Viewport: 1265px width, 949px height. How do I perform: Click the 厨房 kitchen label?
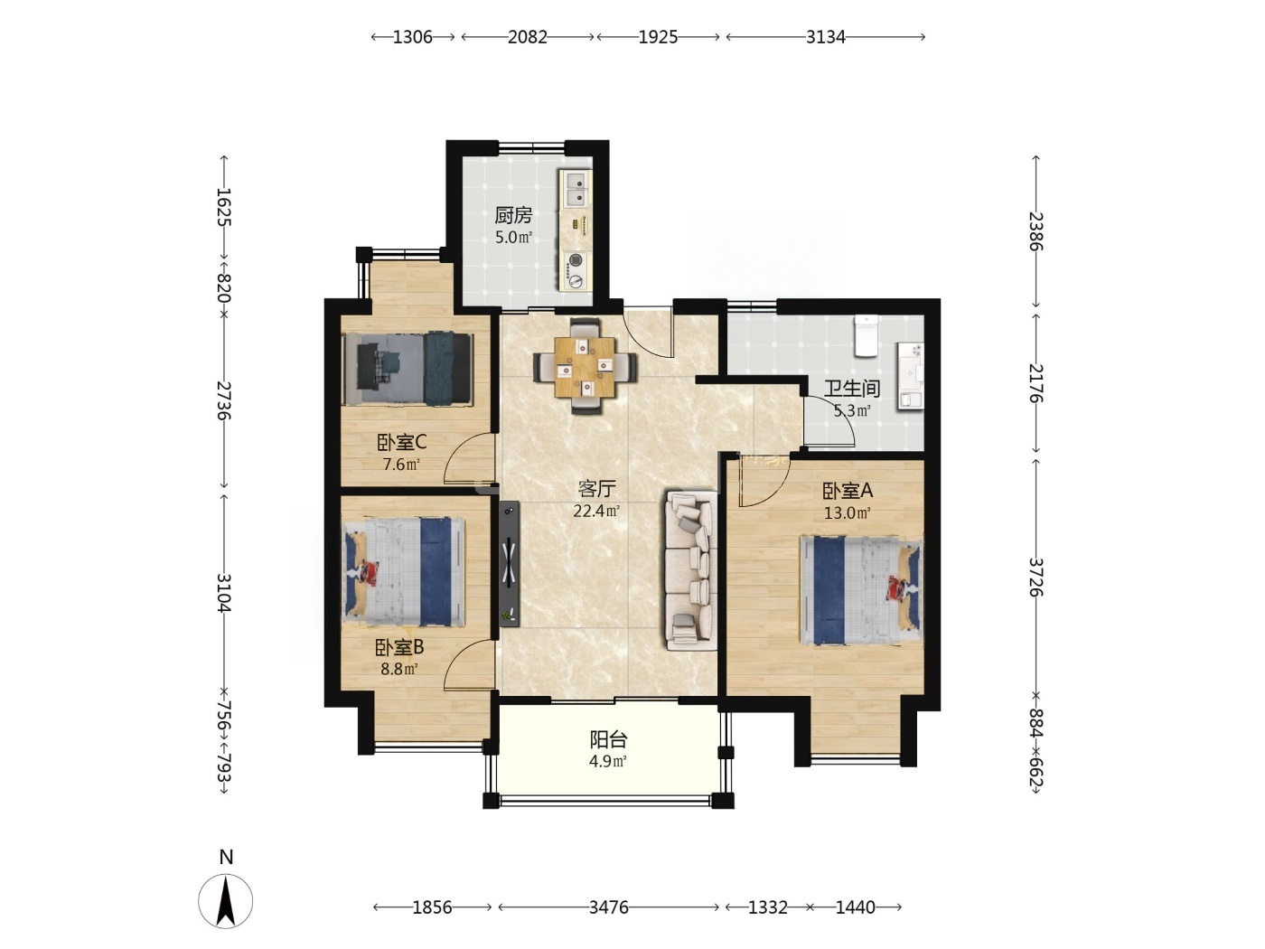pos(513,215)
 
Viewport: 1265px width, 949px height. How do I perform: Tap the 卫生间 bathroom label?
pos(851,389)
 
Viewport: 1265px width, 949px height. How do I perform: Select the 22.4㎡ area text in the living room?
pos(596,511)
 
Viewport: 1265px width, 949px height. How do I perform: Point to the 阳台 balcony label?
pos(608,739)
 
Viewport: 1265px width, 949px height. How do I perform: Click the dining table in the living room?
pos(585,366)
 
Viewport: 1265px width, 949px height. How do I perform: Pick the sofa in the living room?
pos(690,570)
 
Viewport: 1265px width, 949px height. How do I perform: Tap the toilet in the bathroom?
pos(865,335)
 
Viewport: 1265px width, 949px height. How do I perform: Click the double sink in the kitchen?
pos(576,189)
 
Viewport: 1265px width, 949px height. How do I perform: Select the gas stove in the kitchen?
pos(576,271)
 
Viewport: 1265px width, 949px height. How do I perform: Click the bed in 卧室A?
pos(861,590)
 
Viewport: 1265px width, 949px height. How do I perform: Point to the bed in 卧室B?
pos(404,571)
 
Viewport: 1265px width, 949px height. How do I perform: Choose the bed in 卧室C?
pos(408,369)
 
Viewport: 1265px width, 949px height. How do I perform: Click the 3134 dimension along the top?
pos(825,37)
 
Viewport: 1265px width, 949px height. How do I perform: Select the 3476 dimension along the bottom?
pos(609,907)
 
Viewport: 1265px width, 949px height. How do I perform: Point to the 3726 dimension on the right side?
pos(1036,577)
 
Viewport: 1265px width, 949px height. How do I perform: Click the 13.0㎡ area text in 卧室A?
pos(847,512)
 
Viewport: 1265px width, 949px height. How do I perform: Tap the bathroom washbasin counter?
pos(910,376)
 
